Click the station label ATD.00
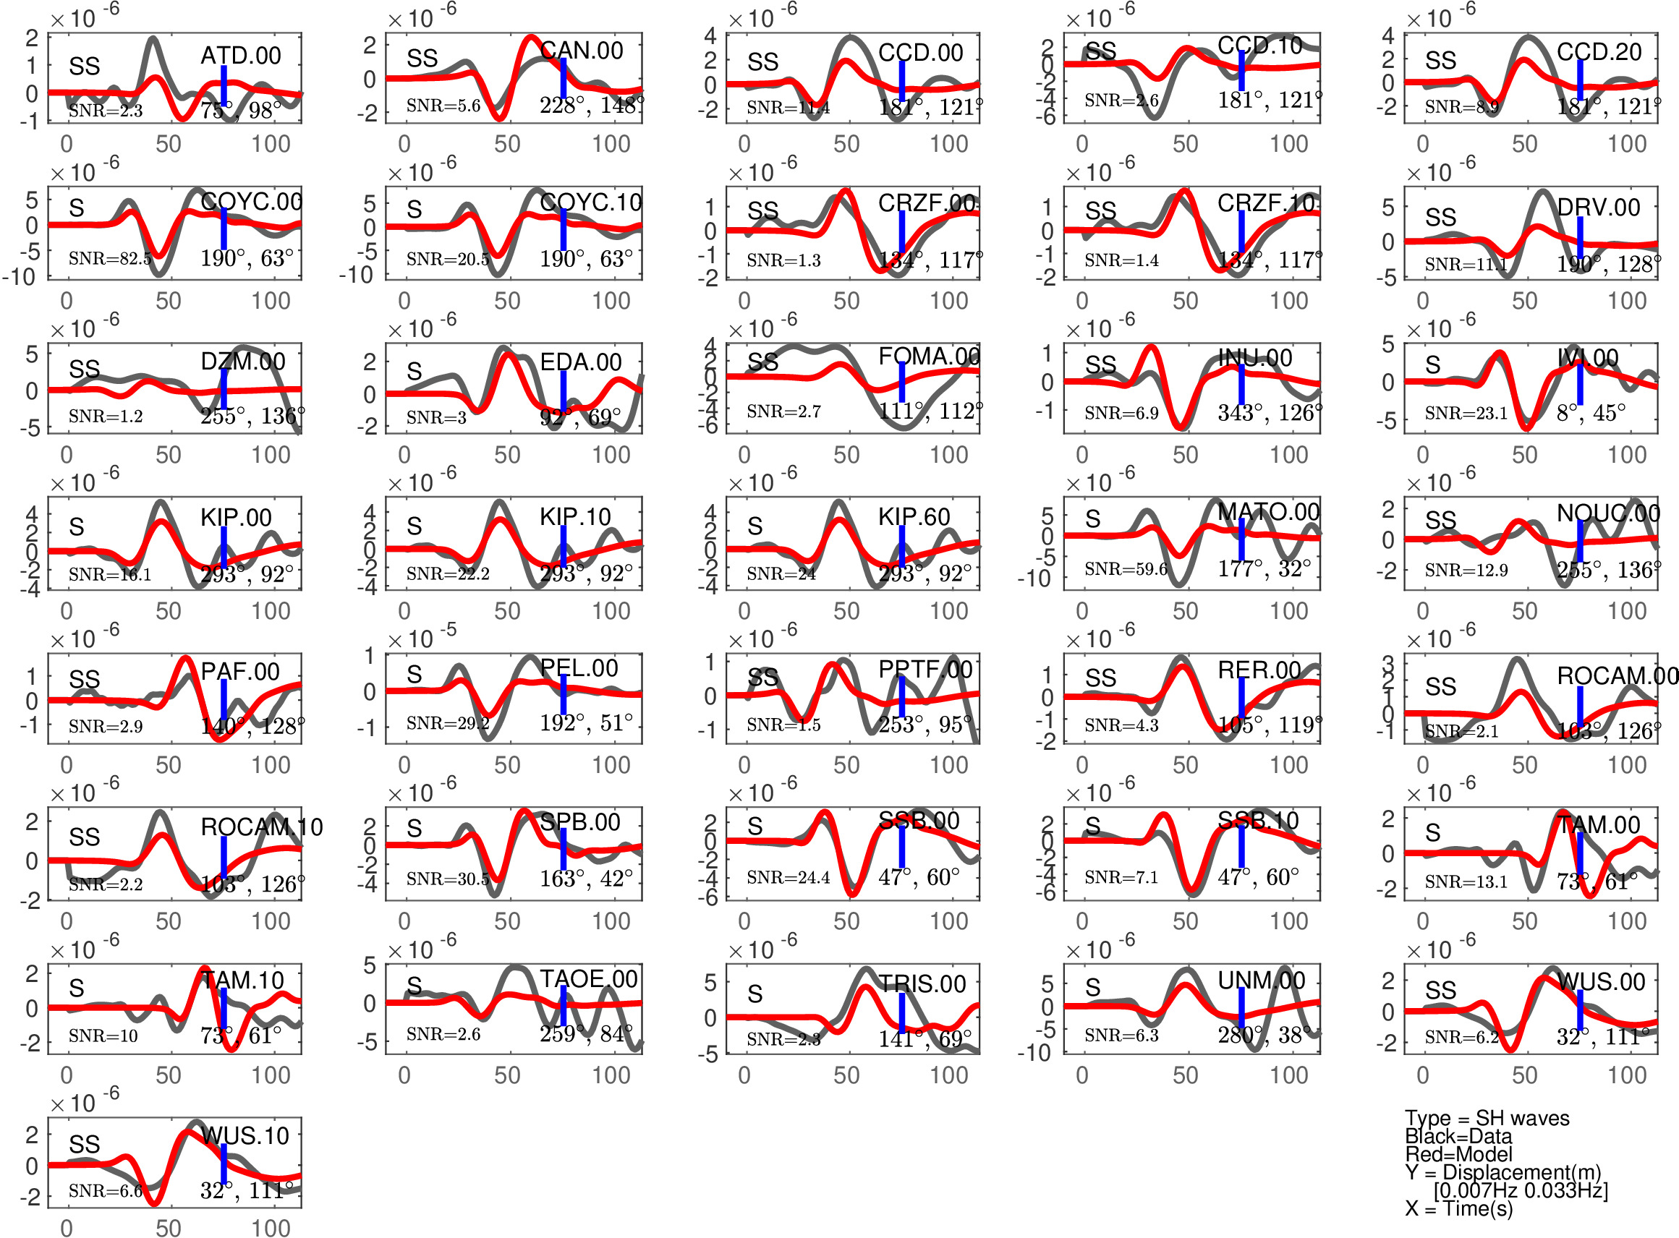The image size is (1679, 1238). coord(241,56)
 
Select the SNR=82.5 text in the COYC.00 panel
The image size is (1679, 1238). coord(109,259)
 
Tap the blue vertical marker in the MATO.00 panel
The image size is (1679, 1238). coord(1241,539)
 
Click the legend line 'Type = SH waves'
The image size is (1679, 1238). coord(1487,1118)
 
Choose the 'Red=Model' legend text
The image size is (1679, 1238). coord(1458,1154)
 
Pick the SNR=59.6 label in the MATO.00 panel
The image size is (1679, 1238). coord(1125,570)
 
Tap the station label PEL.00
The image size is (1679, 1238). coord(579,667)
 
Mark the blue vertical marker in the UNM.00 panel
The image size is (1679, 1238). coord(1241,1009)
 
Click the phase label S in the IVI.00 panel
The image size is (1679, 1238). coord(1432,365)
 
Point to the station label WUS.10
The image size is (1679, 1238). coord(245,1136)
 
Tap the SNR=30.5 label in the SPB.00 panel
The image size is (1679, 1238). coord(448,879)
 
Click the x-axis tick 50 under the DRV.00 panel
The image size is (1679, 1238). coord(1524,302)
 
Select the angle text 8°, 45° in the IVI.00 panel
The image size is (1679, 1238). coord(1591,413)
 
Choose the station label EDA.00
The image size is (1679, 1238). coord(580,362)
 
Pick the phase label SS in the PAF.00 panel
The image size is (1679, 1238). coord(84,679)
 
